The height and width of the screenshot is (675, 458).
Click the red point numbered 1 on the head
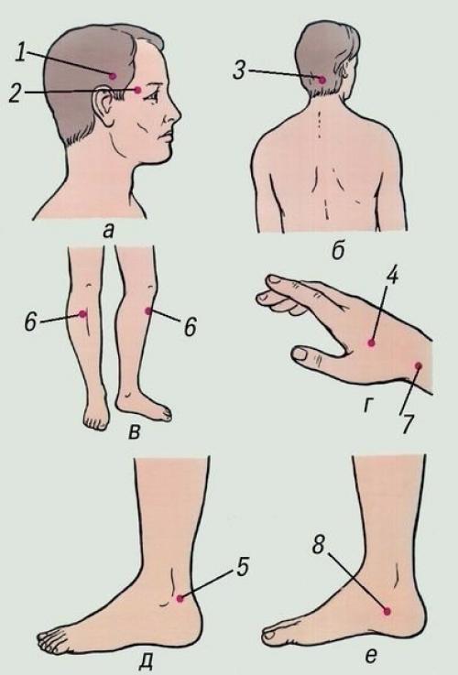(113, 76)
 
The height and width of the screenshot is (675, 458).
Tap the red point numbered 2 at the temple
(137, 90)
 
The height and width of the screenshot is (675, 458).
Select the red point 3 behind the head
(322, 79)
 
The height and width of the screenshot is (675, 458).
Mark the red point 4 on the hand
(372, 343)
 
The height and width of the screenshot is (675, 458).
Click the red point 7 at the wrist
(418, 366)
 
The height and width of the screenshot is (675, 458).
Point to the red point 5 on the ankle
(180, 598)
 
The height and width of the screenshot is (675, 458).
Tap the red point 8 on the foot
(387, 610)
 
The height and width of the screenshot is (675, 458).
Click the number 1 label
(20, 52)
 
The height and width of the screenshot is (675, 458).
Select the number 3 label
(239, 71)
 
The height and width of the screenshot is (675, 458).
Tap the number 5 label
(242, 567)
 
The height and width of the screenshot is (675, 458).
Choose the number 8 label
(319, 546)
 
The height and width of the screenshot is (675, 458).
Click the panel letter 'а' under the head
(108, 232)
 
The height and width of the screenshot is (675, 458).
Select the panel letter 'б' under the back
(338, 251)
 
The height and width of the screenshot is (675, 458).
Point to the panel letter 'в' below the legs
(135, 431)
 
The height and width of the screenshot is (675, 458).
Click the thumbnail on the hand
(300, 354)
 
